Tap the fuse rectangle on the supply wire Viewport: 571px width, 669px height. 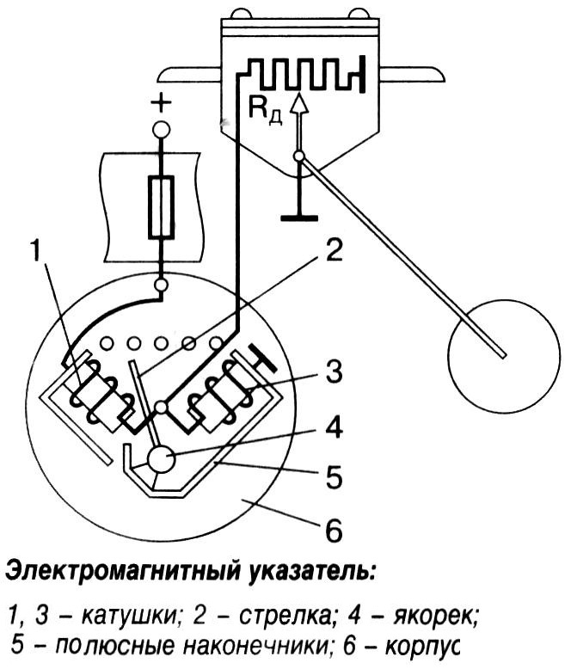pos(162,206)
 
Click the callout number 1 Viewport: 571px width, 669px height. pos(35,251)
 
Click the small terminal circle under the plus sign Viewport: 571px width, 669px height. pos(161,130)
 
